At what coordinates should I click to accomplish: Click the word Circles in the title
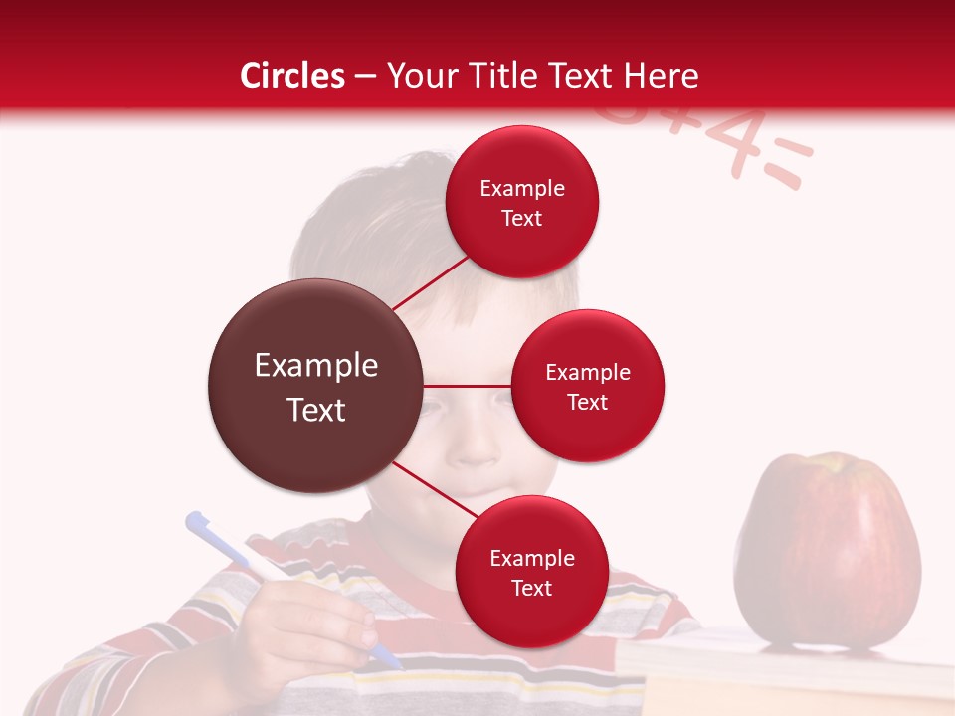(x=292, y=76)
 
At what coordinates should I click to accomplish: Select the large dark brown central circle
(x=315, y=386)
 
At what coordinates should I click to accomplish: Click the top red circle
(x=522, y=202)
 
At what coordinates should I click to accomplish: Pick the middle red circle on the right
(x=588, y=386)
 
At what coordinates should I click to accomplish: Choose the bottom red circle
(x=531, y=572)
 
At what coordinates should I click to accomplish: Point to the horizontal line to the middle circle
(x=468, y=385)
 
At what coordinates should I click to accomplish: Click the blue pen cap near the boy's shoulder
(x=200, y=524)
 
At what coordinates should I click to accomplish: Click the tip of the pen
(x=397, y=664)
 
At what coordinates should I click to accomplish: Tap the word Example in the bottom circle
(x=531, y=558)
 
